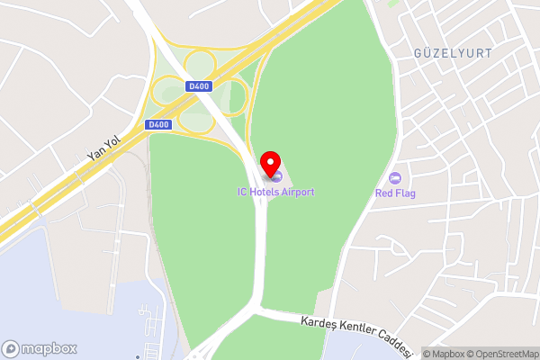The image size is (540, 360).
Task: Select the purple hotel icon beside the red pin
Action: coord(278,175)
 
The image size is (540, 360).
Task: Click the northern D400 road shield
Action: coord(199,86)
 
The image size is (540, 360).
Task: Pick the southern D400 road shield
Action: coord(157,124)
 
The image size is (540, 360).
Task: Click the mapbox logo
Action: coord(40,348)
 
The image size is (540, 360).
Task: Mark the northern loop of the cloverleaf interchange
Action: coord(198,63)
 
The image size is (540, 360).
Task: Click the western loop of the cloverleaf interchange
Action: coord(167,90)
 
